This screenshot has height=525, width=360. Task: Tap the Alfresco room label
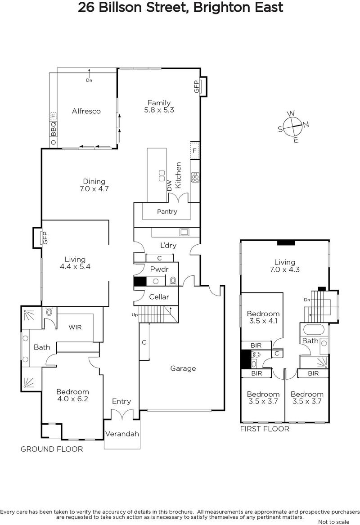pyautogui.click(x=86, y=111)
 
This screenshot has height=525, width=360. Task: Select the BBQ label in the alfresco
pyautogui.click(x=53, y=129)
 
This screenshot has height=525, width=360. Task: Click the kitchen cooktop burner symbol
pyautogui.click(x=195, y=177)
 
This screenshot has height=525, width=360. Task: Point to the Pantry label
pyautogui.click(x=167, y=211)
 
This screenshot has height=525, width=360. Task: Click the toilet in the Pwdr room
pyautogui.click(x=173, y=281)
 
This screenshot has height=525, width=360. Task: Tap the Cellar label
pyautogui.click(x=159, y=297)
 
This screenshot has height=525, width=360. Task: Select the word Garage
pyautogui.click(x=183, y=368)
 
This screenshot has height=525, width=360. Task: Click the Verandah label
pyautogui.click(x=122, y=434)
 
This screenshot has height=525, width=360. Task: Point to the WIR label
pyautogui.click(x=75, y=328)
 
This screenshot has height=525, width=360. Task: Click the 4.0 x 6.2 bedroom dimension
pyautogui.click(x=72, y=399)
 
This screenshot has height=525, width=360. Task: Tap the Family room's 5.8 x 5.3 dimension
pyautogui.click(x=159, y=110)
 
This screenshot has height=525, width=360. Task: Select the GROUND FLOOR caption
pyautogui.click(x=52, y=449)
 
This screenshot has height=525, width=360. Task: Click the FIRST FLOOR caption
pyautogui.click(x=265, y=429)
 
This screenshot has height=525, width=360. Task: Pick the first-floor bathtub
pyautogui.click(x=313, y=330)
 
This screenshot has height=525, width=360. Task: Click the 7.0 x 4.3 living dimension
pyautogui.click(x=285, y=269)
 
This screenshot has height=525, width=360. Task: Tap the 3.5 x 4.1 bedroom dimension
pyautogui.click(x=263, y=321)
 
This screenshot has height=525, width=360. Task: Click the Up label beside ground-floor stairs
pyautogui.click(x=135, y=315)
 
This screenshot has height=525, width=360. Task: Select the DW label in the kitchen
pyautogui.click(x=170, y=186)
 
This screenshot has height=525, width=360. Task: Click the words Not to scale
pyautogui.click(x=333, y=522)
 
